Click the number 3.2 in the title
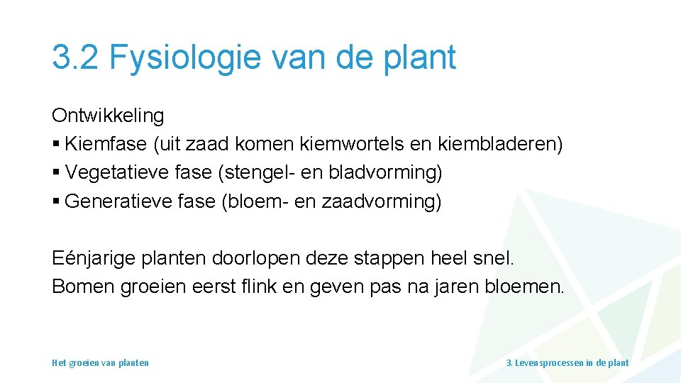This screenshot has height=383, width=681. coord(74,57)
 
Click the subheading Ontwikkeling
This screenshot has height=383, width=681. coord(108,116)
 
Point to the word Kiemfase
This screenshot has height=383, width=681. coord(106,144)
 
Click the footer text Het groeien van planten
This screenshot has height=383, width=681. coord(101,362)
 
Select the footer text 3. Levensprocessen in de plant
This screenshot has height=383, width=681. coord(567,362)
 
